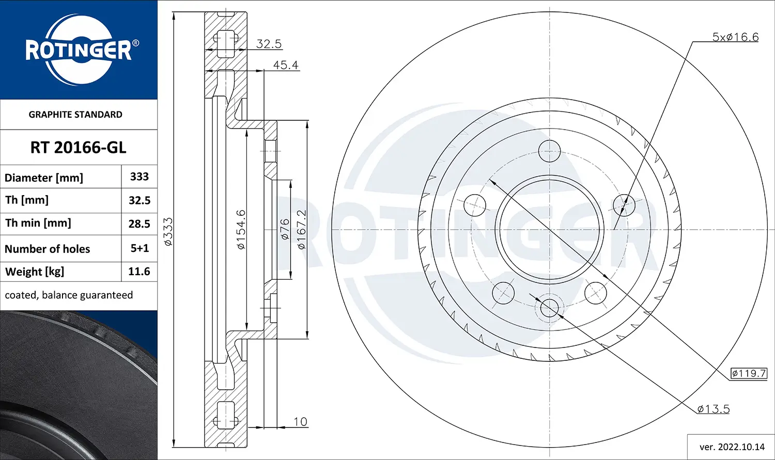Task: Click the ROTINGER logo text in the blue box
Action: [79, 51]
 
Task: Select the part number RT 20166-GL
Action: [78, 148]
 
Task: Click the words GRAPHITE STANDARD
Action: [75, 115]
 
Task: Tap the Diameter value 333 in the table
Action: [139, 177]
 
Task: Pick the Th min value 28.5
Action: [139, 224]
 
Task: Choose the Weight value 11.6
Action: [139, 272]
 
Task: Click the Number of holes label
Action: [47, 249]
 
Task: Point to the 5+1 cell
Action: [139, 248]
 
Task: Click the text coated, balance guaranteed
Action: [69, 295]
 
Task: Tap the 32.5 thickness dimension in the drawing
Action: [269, 44]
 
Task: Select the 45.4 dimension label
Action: [286, 65]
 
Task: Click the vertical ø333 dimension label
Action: [168, 231]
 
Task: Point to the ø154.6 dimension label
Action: [241, 229]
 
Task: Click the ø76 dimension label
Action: [285, 229]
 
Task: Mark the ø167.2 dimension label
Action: [301, 229]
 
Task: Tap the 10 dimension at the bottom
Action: [300, 422]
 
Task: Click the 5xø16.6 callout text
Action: [735, 37]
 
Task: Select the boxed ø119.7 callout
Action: [749, 373]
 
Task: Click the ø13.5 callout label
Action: [713, 409]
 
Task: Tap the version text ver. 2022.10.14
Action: [732, 447]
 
